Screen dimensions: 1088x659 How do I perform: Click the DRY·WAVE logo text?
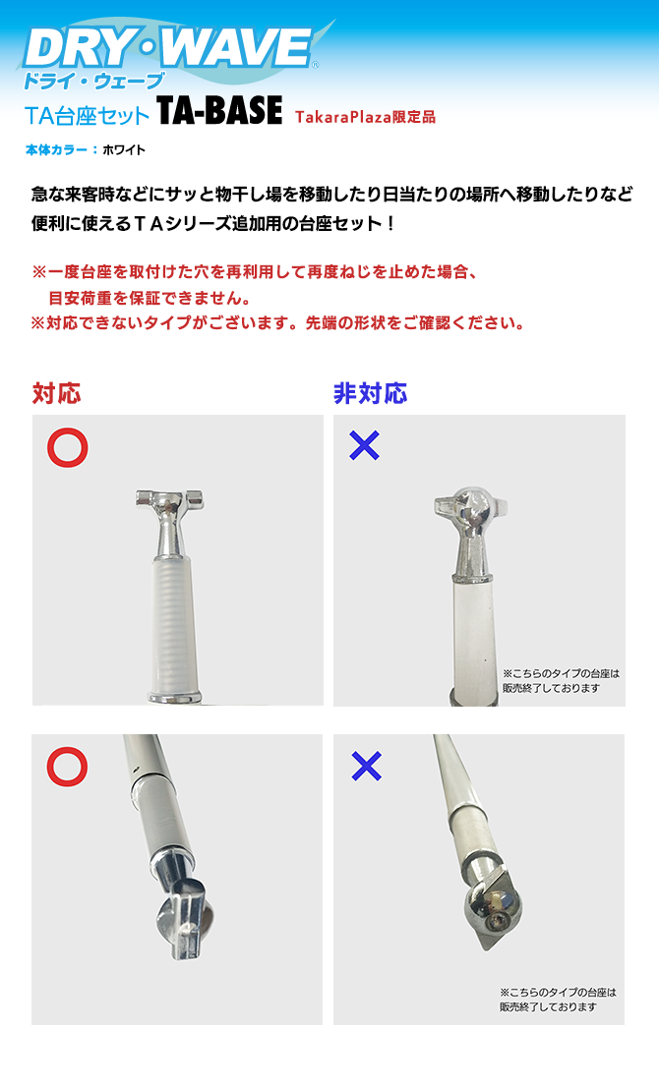(x=167, y=47)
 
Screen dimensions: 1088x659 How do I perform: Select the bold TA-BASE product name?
(x=219, y=112)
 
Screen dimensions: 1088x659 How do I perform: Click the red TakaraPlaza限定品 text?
(x=365, y=117)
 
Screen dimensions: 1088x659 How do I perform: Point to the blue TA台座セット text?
(x=88, y=115)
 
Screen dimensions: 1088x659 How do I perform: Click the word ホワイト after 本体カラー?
(x=124, y=150)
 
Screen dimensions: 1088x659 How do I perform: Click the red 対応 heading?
(x=56, y=394)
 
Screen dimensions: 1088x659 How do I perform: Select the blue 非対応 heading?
(x=370, y=394)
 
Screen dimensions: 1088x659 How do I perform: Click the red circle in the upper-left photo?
(x=68, y=447)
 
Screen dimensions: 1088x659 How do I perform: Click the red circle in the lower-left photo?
(x=68, y=767)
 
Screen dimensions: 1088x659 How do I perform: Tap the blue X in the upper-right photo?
(x=365, y=446)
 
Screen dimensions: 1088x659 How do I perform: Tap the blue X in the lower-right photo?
(x=366, y=767)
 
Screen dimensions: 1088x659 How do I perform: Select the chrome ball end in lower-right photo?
(x=492, y=909)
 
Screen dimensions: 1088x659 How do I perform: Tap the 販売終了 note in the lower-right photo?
(x=557, y=1000)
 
